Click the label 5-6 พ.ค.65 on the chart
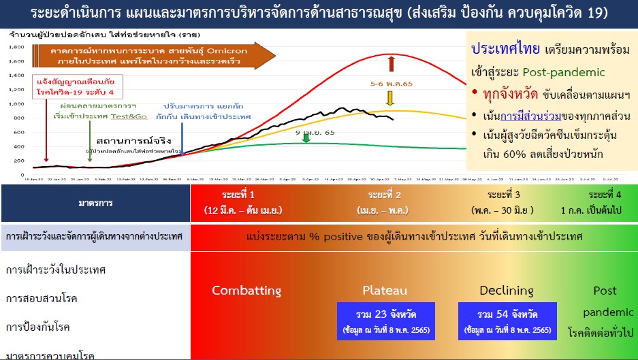coord(391,84)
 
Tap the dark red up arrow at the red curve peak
coord(392,64)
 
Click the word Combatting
coord(246,291)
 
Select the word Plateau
coord(385,291)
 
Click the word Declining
coord(506,291)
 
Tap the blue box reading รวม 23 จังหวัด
coord(385,321)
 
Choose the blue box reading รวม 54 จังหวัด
coord(507,321)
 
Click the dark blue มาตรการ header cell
coord(95,203)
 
